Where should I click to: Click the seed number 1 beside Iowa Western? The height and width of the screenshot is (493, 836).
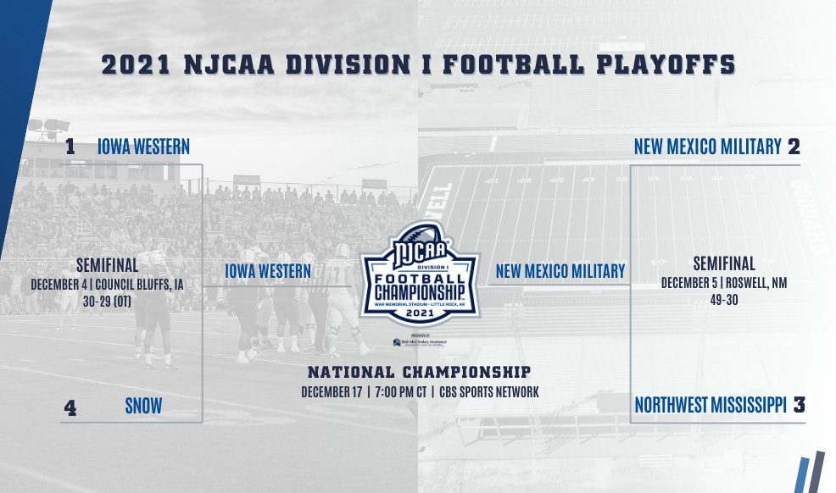pyautogui.click(x=70, y=147)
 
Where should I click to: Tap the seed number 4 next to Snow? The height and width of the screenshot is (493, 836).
pyautogui.click(x=71, y=409)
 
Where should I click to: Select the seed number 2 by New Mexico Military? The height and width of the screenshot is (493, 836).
pyautogui.click(x=794, y=147)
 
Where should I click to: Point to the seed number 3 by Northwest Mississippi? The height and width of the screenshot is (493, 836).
pyautogui.click(x=799, y=406)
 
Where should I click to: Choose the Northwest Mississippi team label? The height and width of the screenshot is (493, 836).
pyautogui.click(x=711, y=406)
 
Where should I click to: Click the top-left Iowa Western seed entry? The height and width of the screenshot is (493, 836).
pyautogui.click(x=143, y=147)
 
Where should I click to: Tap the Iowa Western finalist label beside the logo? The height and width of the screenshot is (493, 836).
pyautogui.click(x=268, y=271)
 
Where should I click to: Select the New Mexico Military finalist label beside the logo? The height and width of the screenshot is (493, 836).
pyautogui.click(x=560, y=271)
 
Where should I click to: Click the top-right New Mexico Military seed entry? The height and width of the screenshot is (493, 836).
pyautogui.click(x=707, y=147)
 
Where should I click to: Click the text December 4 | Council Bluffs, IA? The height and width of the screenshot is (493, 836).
pyautogui.click(x=107, y=285)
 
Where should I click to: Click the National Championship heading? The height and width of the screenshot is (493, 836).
pyautogui.click(x=419, y=372)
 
